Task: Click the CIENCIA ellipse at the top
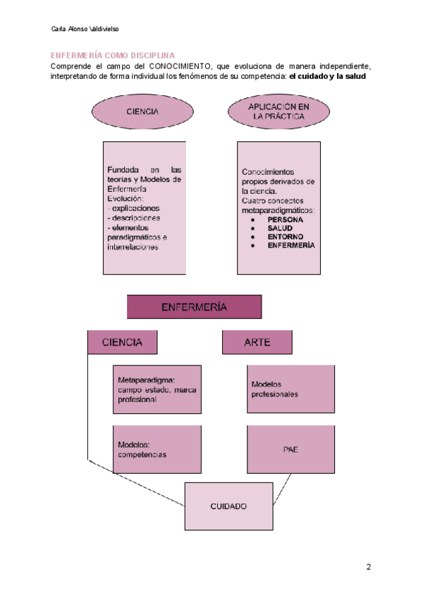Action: tap(142, 111)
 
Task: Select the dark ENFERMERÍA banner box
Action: tap(194, 307)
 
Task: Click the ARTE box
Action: tap(257, 342)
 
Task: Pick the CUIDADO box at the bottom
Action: tap(228, 506)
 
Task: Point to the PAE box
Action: tap(290, 448)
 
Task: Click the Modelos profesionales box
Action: tap(290, 389)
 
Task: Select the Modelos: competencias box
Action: tap(157, 449)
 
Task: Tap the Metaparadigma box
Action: tap(157, 389)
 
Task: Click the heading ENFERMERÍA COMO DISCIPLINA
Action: tap(112, 56)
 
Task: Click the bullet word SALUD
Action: tap(281, 228)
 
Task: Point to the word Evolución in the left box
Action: tap(125, 199)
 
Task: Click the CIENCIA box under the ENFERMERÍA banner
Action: tap(122, 342)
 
